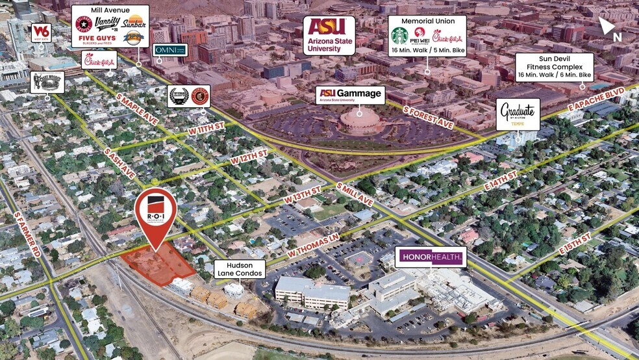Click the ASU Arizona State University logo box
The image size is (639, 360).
click(329, 35)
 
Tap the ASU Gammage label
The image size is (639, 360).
click(351, 96)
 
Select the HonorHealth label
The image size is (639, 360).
click(431, 258)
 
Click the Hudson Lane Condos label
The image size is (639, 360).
click(240, 269)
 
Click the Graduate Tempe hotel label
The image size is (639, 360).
click(518, 114)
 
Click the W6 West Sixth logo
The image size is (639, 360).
click(41, 32)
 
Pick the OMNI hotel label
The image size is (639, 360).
click(170, 50)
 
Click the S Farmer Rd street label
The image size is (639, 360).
click(28, 231)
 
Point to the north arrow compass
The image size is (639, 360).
click(608, 27)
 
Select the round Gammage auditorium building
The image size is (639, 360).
click(360, 120)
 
